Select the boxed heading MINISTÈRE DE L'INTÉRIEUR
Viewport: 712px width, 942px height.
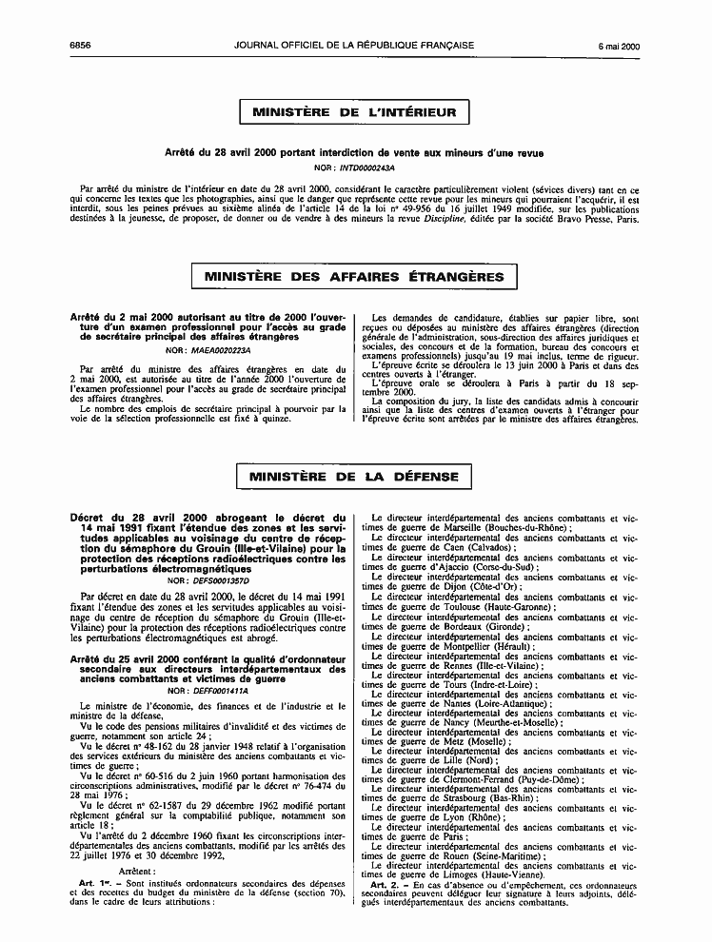pyautogui.click(x=355, y=112)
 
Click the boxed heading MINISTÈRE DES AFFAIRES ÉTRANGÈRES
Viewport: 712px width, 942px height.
pyautogui.click(x=355, y=276)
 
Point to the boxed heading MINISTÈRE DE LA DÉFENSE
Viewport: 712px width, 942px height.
pyautogui.click(x=355, y=477)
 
